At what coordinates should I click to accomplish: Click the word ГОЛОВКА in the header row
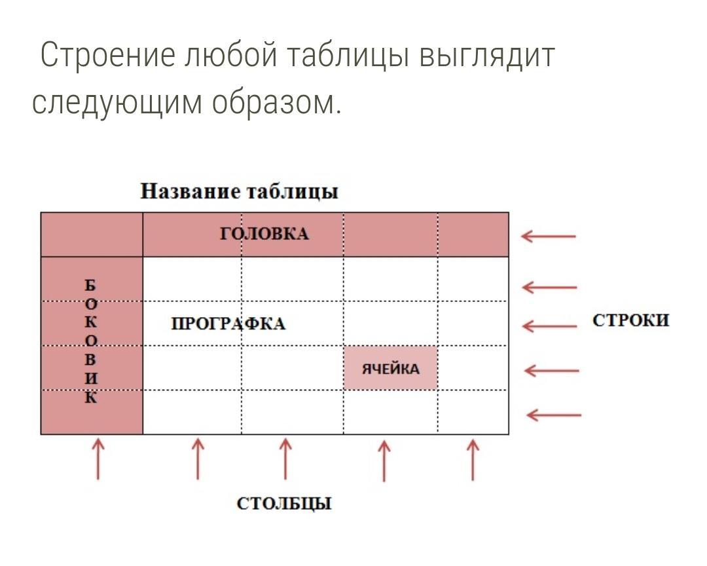tap(264, 234)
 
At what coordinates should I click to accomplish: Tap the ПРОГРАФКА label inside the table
tap(228, 324)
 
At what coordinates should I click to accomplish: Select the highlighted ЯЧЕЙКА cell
tap(390, 368)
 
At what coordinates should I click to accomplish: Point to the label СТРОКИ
tap(631, 320)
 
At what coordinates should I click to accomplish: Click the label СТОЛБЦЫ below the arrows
tap(284, 503)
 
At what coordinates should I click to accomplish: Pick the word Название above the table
tap(190, 191)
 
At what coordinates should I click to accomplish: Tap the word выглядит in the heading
tap(486, 56)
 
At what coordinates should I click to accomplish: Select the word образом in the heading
tap(276, 102)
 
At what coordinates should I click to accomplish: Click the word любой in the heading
tap(231, 54)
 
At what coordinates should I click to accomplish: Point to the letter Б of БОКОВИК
tap(90, 285)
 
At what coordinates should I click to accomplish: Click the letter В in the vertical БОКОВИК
tap(90, 360)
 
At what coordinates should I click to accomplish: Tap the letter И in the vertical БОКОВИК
tap(90, 378)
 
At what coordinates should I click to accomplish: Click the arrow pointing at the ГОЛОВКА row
tap(549, 236)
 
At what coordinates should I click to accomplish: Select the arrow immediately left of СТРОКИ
tap(550, 326)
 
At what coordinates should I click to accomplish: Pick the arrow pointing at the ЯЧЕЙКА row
tap(551, 371)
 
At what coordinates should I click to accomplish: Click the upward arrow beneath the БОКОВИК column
tap(98, 459)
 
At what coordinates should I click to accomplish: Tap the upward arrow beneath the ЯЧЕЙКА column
tap(384, 461)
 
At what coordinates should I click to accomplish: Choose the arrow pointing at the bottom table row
tap(554, 415)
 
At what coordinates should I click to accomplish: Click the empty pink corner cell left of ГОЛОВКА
tap(92, 235)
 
